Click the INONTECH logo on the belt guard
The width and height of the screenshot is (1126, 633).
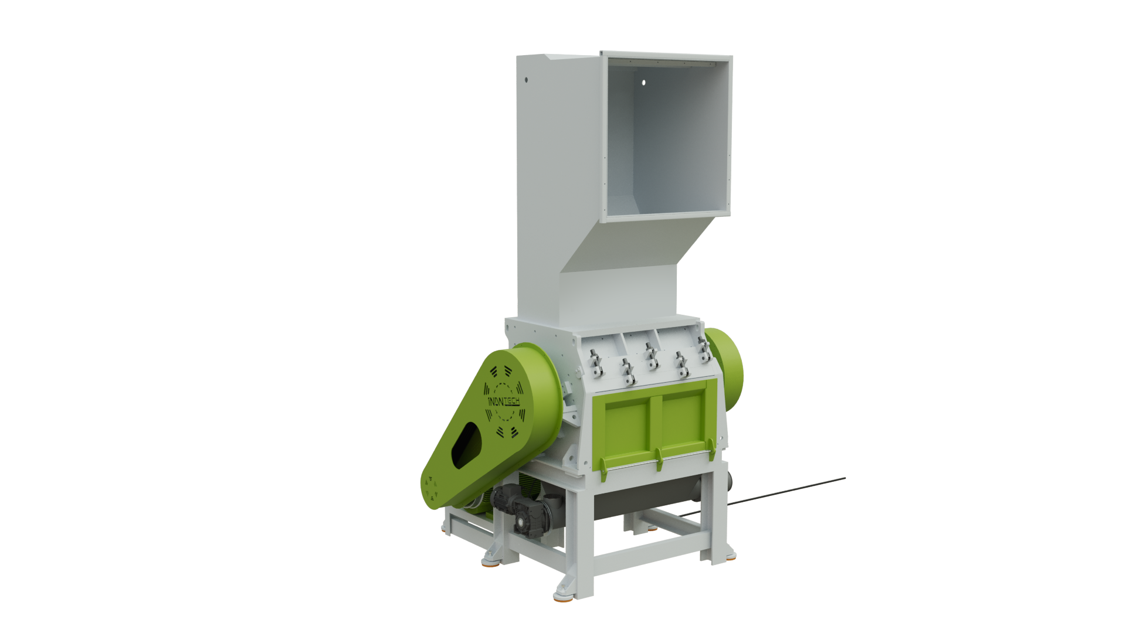pos(504,401)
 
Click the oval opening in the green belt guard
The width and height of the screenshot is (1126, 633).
pos(466,445)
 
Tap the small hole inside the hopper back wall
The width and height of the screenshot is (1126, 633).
pos(643,83)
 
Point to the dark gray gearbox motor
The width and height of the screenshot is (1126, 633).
pos(522,510)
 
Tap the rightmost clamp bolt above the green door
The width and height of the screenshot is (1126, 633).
pos(704,349)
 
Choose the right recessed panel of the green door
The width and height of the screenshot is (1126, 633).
pos(683,417)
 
